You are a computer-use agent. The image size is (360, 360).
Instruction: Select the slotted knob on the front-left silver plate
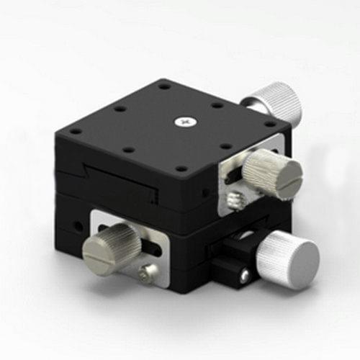(x=112, y=242)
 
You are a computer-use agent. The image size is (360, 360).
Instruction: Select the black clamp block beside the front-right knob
(x=238, y=259)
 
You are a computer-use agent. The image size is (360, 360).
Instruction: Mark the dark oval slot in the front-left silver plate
(x=153, y=246)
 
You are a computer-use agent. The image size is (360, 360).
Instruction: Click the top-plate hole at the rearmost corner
(x=165, y=87)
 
